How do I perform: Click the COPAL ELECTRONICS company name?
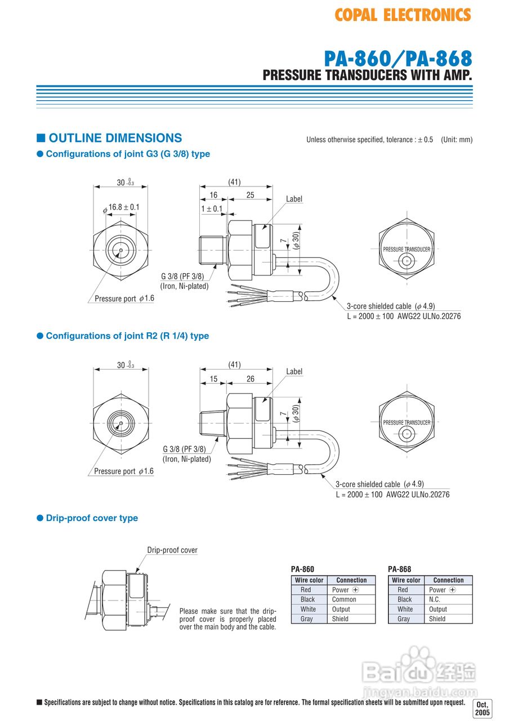(403, 15)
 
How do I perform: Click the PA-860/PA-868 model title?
(398, 59)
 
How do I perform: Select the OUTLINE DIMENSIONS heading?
(115, 138)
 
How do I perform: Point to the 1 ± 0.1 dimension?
(212, 208)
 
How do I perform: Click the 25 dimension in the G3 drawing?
(250, 194)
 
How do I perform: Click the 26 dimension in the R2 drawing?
(250, 379)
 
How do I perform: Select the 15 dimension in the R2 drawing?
(213, 379)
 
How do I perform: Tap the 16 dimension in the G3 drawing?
(213, 194)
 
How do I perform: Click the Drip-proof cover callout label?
(172, 550)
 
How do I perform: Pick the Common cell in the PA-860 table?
(343, 599)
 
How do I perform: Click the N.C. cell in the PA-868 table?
(437, 599)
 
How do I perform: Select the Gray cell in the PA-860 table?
(306, 618)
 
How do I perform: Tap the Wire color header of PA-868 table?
(406, 580)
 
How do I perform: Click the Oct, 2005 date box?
(483, 708)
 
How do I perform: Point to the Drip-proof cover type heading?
(92, 518)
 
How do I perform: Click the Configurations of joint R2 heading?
(127, 336)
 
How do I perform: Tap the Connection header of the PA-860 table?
(351, 580)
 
